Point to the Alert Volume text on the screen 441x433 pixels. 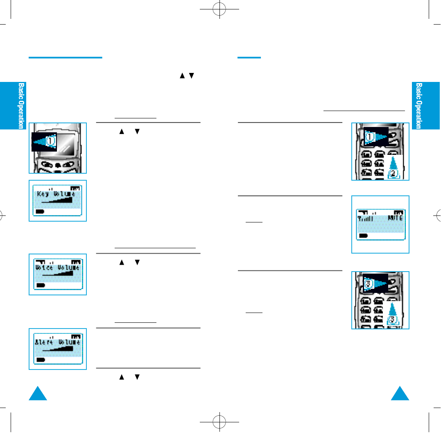point(57,342)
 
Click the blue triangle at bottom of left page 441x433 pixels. point(38,394)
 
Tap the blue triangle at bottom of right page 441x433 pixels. point(400,394)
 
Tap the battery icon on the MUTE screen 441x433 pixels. point(363,236)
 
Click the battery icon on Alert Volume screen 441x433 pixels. point(41,359)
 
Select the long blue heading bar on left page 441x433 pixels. point(65,58)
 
